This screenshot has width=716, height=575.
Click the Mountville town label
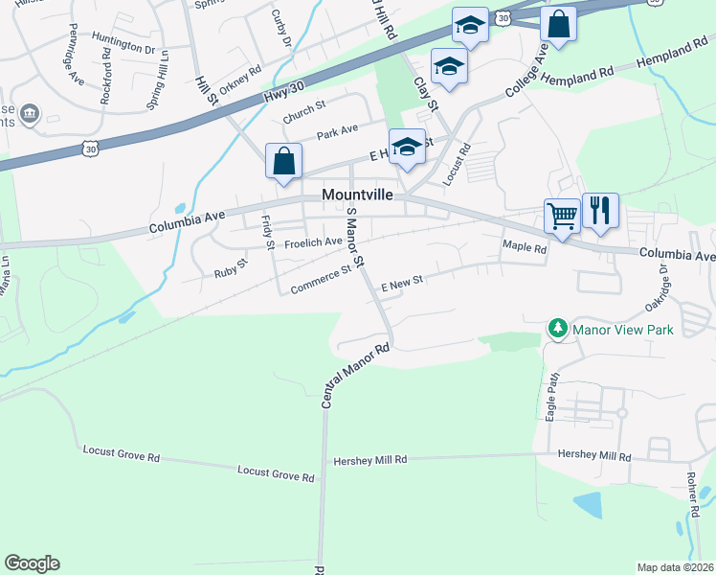(358, 194)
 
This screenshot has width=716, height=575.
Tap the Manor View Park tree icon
(557, 329)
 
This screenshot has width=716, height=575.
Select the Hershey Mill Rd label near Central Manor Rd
(369, 461)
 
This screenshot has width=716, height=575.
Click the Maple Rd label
(525, 247)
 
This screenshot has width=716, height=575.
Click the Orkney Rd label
(240, 76)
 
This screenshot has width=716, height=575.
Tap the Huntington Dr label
(123, 46)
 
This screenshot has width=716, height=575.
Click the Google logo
(32, 563)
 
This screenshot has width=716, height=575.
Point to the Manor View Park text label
(623, 330)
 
